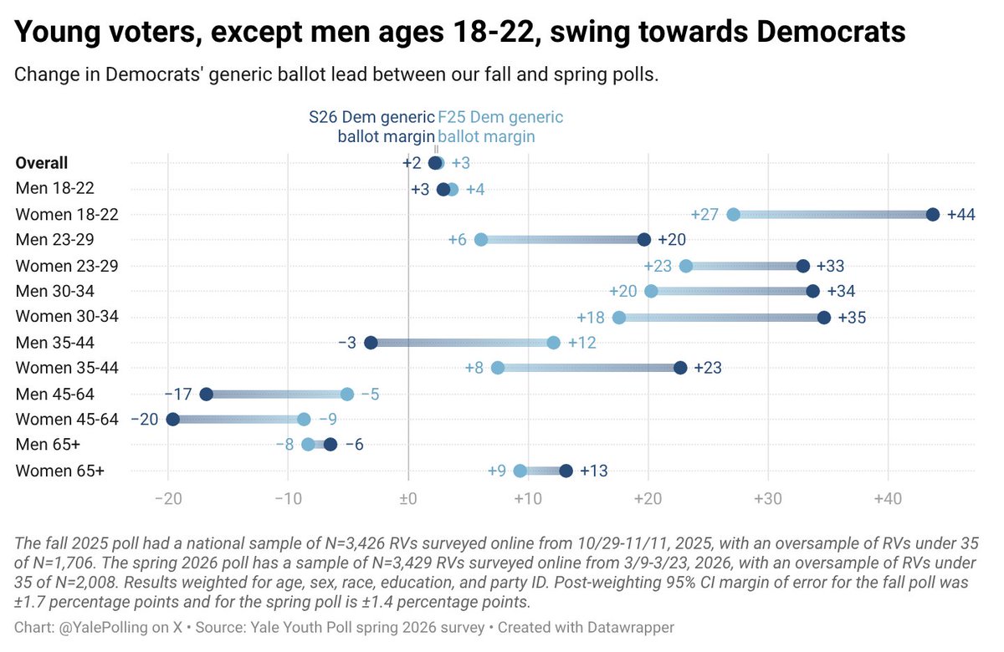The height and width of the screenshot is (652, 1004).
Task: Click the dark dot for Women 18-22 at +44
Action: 933,215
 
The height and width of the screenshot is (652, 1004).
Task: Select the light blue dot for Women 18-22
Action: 733,215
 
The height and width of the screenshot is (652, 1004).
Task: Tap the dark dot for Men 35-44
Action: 371,343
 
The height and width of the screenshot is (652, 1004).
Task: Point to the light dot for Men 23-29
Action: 481,240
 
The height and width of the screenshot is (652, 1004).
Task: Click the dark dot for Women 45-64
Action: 172,420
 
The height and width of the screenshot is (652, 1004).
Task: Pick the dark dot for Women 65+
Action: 566,471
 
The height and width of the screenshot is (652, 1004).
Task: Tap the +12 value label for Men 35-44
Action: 581,343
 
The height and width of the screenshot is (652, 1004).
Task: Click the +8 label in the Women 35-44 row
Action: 474,369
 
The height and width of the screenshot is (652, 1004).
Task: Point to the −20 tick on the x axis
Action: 168,500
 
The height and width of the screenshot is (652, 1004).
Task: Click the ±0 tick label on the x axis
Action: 408,500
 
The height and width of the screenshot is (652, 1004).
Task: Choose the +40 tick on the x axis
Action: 887,500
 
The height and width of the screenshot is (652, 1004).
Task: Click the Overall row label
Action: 42,163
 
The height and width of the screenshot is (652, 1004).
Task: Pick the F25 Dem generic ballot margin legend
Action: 500,126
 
